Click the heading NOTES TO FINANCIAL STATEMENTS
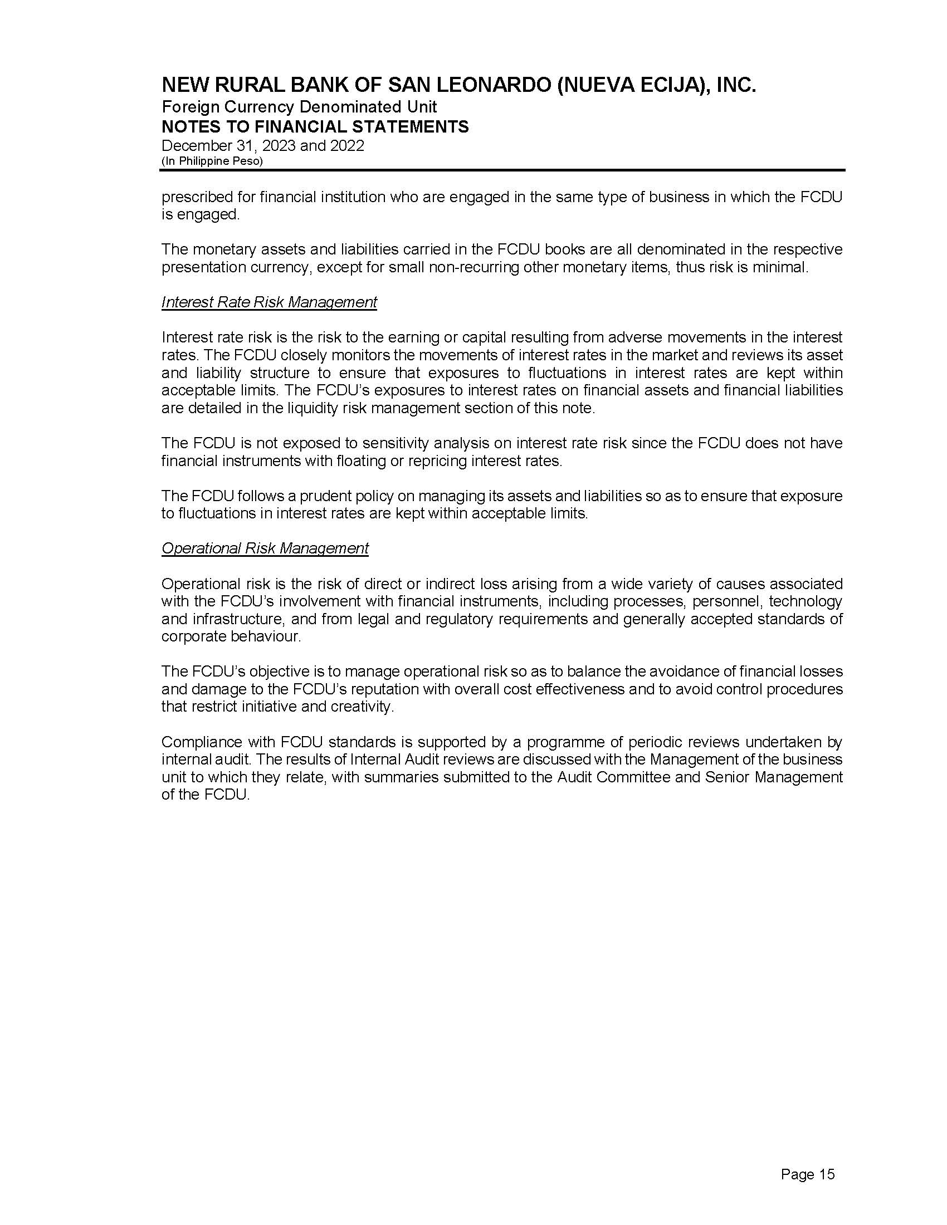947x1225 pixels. click(x=315, y=127)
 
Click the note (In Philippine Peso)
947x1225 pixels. click(x=212, y=161)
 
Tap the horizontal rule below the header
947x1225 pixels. click(x=502, y=170)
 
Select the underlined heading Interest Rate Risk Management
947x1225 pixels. click(x=269, y=302)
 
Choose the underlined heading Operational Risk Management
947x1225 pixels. click(x=265, y=548)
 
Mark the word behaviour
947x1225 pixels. click(x=265, y=637)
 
